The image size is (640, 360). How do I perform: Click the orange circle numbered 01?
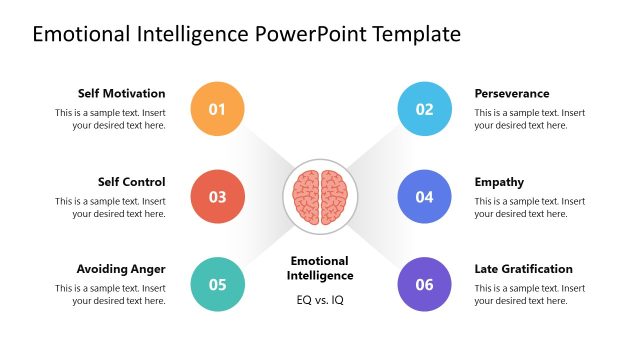pyautogui.click(x=217, y=108)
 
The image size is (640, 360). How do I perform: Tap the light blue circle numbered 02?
pyautogui.click(x=424, y=108)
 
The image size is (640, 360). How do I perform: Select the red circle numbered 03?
pyautogui.click(x=217, y=196)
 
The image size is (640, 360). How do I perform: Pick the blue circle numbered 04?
pyautogui.click(x=424, y=196)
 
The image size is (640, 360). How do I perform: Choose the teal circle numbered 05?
pyautogui.click(x=217, y=284)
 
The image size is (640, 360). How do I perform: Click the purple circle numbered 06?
pyautogui.click(x=424, y=284)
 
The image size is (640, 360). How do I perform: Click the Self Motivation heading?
pyautogui.click(x=122, y=94)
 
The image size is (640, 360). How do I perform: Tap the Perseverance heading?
pyautogui.click(x=511, y=94)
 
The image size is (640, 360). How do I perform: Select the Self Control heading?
pyautogui.click(x=131, y=182)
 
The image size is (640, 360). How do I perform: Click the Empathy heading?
pyautogui.click(x=499, y=182)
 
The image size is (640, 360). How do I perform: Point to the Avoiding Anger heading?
pyautogui.click(x=121, y=269)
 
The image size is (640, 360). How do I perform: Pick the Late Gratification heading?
pyautogui.click(x=523, y=269)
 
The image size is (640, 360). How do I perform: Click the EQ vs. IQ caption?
pyautogui.click(x=320, y=300)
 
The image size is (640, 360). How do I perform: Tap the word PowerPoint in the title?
pyautogui.click(x=310, y=34)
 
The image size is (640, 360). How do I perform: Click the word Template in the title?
pyautogui.click(x=416, y=34)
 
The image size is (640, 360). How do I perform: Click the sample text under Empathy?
pyautogui.click(x=530, y=207)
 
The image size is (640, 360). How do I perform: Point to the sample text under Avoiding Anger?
pyautogui.click(x=110, y=295)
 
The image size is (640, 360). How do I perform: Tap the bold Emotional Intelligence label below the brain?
pyautogui.click(x=320, y=268)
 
